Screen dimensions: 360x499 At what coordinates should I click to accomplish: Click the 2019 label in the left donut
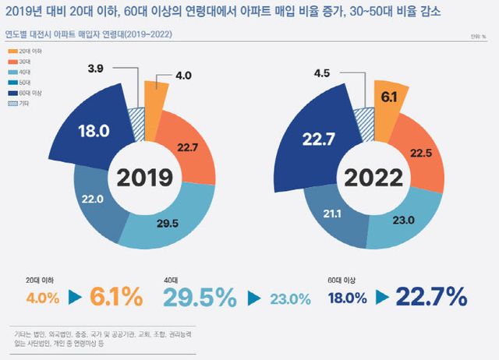145,178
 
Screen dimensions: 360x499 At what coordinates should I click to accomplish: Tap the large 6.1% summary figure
115,297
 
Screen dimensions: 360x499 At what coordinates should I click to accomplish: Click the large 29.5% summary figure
199,297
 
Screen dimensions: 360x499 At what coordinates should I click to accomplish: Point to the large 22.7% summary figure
431,296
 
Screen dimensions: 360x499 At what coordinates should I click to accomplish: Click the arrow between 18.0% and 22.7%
382,297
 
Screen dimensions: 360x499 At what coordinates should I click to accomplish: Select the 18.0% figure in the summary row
348,298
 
